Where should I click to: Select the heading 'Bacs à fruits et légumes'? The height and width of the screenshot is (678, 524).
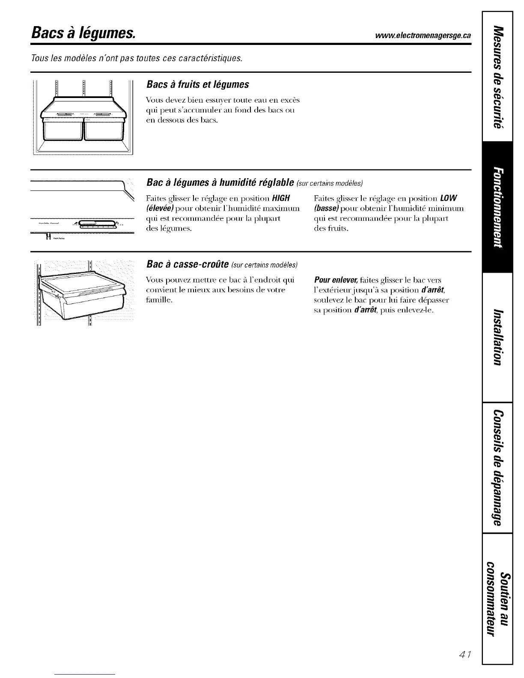click(197, 84)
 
